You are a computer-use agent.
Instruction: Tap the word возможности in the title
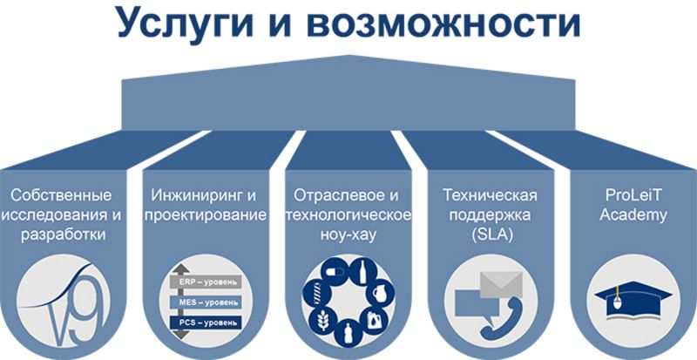click(443, 24)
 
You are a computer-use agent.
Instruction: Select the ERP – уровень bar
click(206, 282)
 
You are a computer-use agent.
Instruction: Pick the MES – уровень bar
click(206, 302)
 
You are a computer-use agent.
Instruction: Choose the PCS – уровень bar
click(206, 323)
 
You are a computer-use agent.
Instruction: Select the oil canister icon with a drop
click(374, 320)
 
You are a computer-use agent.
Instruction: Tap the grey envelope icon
click(502, 284)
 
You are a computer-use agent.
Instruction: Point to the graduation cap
click(633, 297)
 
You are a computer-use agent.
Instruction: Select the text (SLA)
click(493, 234)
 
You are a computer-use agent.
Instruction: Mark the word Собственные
click(61, 195)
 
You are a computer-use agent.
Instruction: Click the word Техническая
click(490, 195)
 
